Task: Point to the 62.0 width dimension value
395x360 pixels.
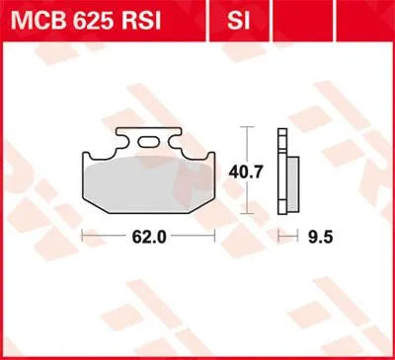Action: coord(147,237)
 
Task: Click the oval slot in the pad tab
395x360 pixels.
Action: coord(151,143)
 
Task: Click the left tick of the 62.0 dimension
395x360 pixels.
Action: coord(81,236)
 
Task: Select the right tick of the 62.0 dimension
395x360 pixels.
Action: coord(214,236)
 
